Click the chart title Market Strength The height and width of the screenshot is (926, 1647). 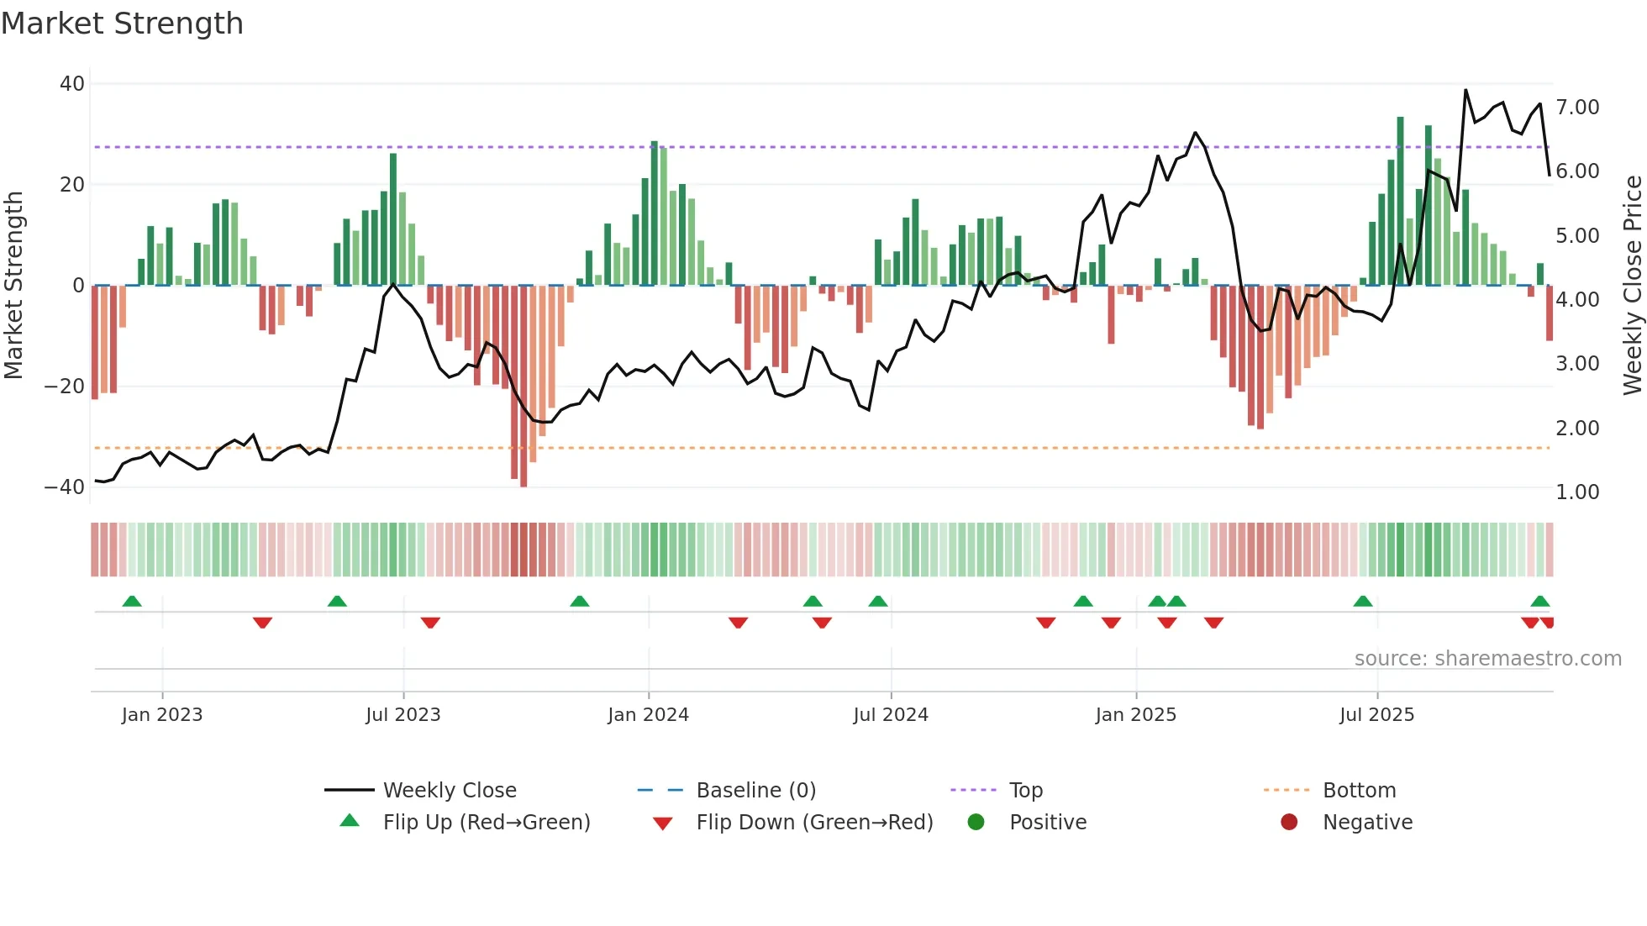(122, 24)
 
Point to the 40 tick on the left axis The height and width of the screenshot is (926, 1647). (72, 84)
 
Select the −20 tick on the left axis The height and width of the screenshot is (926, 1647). (65, 387)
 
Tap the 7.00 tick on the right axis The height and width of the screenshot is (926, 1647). (1577, 108)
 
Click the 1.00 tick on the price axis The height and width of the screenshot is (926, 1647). (1577, 492)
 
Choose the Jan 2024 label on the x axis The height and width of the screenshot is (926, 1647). (648, 715)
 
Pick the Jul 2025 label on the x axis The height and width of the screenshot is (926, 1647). (1376, 715)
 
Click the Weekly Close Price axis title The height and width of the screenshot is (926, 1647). (1632, 286)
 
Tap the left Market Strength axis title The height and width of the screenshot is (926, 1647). (13, 286)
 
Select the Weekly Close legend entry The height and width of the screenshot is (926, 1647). (450, 791)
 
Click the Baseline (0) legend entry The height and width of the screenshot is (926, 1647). (755, 791)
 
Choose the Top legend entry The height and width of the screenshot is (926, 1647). (1025, 791)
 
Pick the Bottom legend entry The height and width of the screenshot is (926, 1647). (1359, 791)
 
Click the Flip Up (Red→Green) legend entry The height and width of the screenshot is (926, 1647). (487, 823)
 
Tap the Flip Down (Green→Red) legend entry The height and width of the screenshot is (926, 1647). (814, 823)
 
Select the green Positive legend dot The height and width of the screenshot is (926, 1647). (976, 823)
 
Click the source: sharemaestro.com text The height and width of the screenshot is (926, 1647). (1487, 659)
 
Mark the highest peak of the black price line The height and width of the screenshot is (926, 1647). (1465, 91)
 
